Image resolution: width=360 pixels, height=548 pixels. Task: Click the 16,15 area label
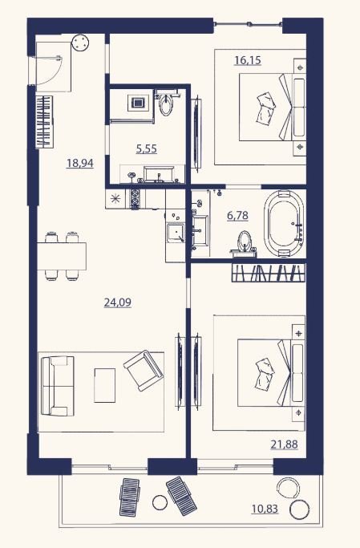[x=248, y=60]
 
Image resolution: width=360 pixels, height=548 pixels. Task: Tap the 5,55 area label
[x=146, y=149]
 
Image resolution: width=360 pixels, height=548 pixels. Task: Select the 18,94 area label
[x=80, y=163]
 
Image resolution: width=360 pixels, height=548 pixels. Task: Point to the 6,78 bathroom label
[x=237, y=216]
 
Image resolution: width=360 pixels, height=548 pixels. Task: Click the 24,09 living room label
[x=118, y=302]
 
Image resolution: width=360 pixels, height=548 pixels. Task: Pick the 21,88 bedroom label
[x=284, y=444]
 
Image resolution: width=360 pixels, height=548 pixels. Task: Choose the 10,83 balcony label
[x=265, y=509]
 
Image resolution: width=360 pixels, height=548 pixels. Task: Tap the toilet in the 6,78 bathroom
[x=245, y=242]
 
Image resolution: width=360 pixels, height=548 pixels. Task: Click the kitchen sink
[x=176, y=233]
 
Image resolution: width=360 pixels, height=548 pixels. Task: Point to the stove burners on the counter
[x=135, y=198]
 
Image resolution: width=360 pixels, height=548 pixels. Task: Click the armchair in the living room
[x=144, y=371]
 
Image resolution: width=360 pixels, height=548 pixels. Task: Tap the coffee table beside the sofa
[x=104, y=385]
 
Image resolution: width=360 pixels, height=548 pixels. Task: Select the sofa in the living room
[x=58, y=386]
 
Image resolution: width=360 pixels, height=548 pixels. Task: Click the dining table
[x=62, y=256]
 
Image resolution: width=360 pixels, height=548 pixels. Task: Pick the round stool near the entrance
[x=80, y=43]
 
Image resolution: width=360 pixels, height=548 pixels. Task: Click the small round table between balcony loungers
[x=160, y=502]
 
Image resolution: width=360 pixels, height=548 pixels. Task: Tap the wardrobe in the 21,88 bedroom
[x=268, y=272]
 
